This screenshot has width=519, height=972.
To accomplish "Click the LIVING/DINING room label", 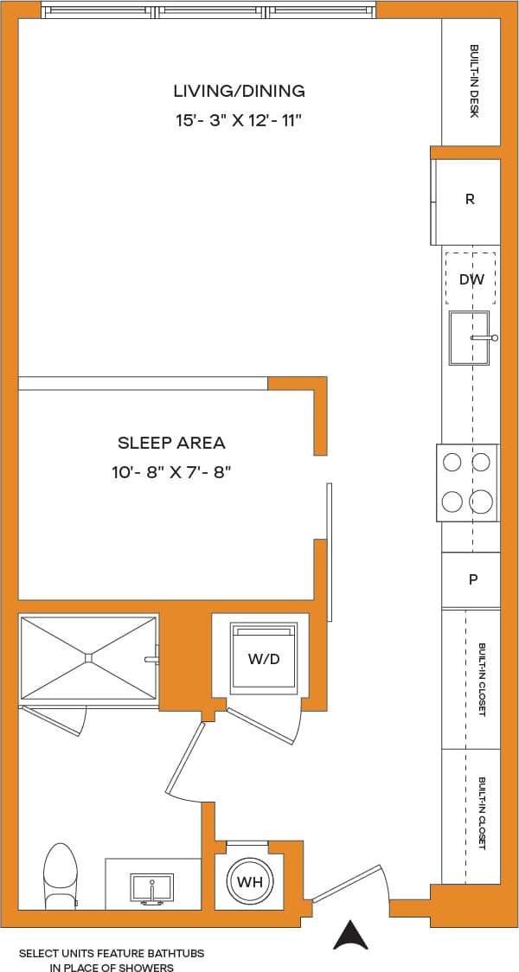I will [x=239, y=91].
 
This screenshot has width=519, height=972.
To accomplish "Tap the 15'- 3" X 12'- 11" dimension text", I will [x=239, y=120].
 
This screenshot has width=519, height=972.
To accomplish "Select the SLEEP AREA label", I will [x=171, y=443].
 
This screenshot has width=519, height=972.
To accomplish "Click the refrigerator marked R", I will [x=470, y=199].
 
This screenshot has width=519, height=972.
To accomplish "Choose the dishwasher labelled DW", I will [x=471, y=279].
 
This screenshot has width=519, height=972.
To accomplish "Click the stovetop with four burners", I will [x=467, y=483].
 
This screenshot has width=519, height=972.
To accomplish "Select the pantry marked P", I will [x=472, y=579].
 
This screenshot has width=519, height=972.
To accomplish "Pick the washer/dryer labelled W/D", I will [x=264, y=659].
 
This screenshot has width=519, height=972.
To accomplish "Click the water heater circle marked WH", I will [x=251, y=882].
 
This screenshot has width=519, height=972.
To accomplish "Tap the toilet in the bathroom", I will [x=61, y=875].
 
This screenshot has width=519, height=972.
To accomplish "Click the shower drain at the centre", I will [x=88, y=657].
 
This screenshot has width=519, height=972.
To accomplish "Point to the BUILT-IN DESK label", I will [x=474, y=81].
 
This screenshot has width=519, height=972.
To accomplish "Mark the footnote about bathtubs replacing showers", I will [x=111, y=960].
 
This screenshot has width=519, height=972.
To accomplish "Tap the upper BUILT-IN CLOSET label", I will [x=481, y=679].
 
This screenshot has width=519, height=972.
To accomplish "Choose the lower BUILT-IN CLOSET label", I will [x=481, y=813].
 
